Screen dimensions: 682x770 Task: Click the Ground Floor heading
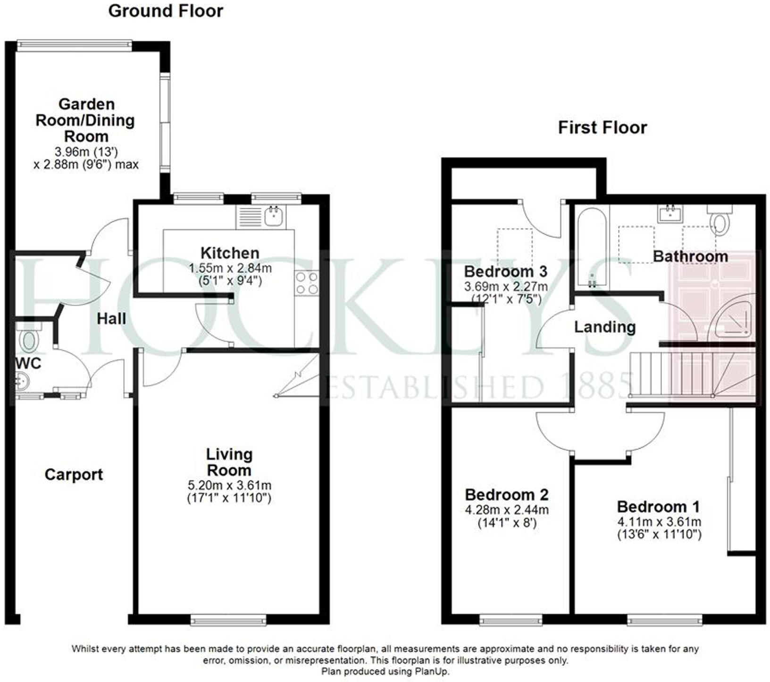(166, 11)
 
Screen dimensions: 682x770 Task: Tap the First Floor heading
(602, 128)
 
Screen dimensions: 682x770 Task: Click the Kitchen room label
(230, 253)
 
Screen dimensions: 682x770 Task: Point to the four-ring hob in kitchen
(306, 283)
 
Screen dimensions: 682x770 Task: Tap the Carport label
(74, 474)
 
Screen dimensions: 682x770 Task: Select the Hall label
(111, 319)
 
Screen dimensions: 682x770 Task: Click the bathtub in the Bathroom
(592, 248)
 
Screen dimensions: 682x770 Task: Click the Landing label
(604, 327)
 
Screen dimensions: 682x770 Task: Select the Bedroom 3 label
(505, 272)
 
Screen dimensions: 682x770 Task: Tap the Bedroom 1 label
(658, 507)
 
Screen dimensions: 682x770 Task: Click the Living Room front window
(228, 620)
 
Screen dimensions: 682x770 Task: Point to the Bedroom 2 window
(511, 620)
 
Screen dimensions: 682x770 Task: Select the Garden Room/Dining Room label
(86, 120)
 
